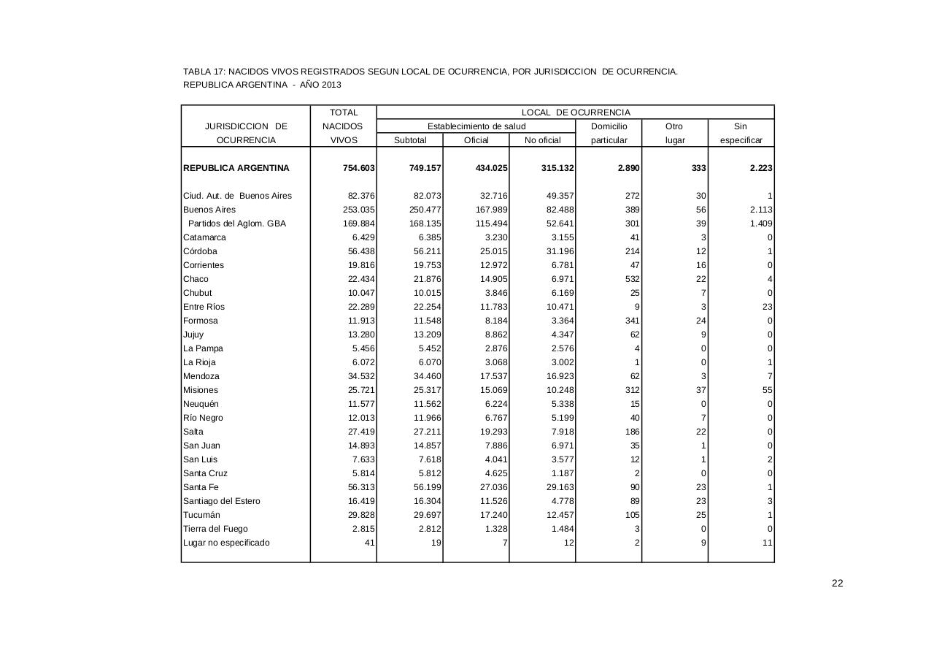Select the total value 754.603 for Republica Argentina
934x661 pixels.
tap(359, 168)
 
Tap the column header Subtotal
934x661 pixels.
tap(409, 140)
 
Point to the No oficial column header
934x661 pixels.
tap(542, 140)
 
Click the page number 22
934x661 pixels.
tap(837, 583)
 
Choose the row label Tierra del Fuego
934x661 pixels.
tap(215, 529)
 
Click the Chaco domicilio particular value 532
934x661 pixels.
tap(632, 279)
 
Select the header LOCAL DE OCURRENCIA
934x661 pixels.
tap(575, 112)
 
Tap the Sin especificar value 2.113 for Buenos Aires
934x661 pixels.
tap(760, 210)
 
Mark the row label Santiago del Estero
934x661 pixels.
tap(222, 501)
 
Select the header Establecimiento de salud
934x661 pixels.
tap(476, 126)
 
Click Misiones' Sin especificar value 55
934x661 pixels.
tap(767, 390)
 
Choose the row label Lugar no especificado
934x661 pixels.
tap(226, 543)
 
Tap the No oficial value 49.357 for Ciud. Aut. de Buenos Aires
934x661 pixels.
tap(560, 196)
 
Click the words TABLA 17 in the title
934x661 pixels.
tap(203, 72)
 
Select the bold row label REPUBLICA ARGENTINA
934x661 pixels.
tap(236, 168)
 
